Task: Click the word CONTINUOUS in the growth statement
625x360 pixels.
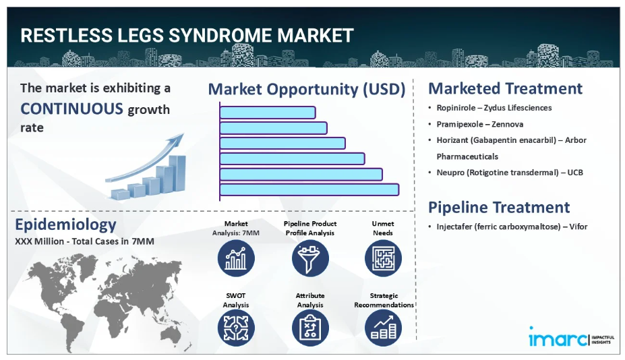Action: (x=71, y=109)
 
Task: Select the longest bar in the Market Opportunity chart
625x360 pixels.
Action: (x=309, y=189)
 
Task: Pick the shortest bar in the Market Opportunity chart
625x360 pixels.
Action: (x=268, y=113)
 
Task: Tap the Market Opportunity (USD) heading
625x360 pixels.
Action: (x=307, y=89)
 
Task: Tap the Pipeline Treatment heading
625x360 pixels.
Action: (x=499, y=208)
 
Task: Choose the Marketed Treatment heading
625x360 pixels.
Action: (x=505, y=88)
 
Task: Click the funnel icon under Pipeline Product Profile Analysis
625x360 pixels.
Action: (x=310, y=258)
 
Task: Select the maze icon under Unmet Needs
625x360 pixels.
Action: (x=383, y=258)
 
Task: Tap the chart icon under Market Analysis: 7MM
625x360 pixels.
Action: (x=236, y=258)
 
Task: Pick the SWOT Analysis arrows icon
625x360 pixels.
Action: (x=236, y=328)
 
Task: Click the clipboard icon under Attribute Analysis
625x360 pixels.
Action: (x=310, y=328)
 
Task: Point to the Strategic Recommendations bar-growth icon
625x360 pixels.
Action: (x=383, y=328)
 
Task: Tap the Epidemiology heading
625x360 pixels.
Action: (x=65, y=224)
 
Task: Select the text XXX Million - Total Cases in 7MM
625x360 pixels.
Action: (x=84, y=241)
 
